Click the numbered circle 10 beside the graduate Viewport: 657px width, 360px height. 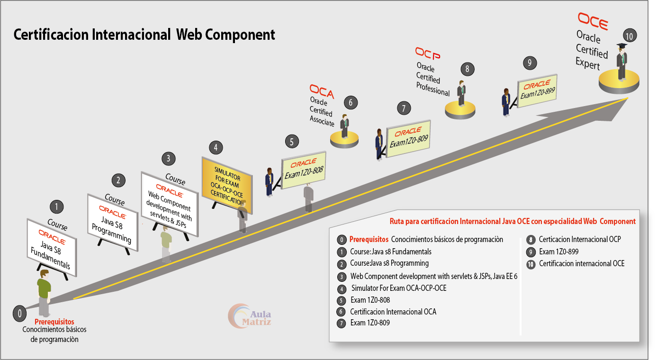pos(630,36)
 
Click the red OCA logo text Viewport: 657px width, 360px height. pos(322,91)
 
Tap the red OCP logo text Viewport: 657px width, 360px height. pos(427,54)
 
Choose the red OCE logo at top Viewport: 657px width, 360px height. pos(593,21)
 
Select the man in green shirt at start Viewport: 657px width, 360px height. pos(44,292)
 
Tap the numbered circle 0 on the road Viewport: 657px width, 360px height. pos(20,313)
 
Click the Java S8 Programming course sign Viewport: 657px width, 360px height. pos(113,222)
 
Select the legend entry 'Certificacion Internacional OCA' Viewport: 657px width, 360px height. pos(393,312)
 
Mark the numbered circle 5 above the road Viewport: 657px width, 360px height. pos(292,141)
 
